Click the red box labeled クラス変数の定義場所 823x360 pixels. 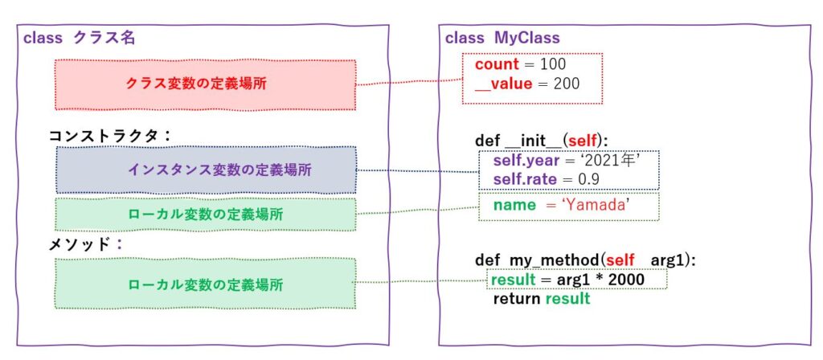pos(205,84)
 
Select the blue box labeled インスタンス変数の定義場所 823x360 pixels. pos(207,170)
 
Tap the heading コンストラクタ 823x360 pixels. pos(104,136)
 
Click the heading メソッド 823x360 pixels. pos(80,244)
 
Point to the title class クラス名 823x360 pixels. pos(79,39)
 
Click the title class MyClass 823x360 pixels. pos(502,39)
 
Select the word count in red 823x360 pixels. pos(497,64)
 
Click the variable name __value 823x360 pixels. pos(503,84)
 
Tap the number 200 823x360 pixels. pos(566,84)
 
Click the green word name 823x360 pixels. pos(514,205)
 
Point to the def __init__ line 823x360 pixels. pos(541,141)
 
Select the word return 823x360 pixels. pos(517,299)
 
